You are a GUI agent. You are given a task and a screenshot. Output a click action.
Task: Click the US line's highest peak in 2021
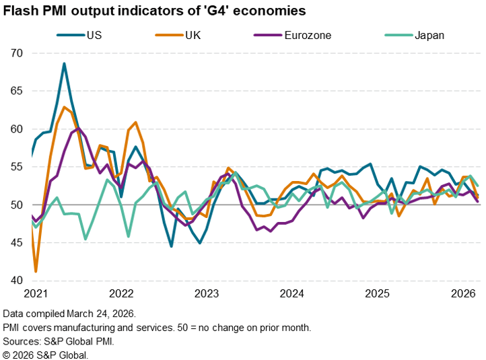pos(64,64)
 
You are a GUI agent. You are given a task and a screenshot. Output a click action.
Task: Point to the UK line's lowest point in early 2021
pos(36,271)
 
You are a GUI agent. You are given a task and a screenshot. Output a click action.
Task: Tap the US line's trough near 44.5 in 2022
pos(172,246)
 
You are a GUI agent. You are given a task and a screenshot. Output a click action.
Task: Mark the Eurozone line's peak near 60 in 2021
pos(79,128)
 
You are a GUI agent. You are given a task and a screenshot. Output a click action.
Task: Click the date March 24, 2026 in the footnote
pos(100,314)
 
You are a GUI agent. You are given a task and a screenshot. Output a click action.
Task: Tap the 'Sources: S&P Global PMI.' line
pos(59,341)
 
